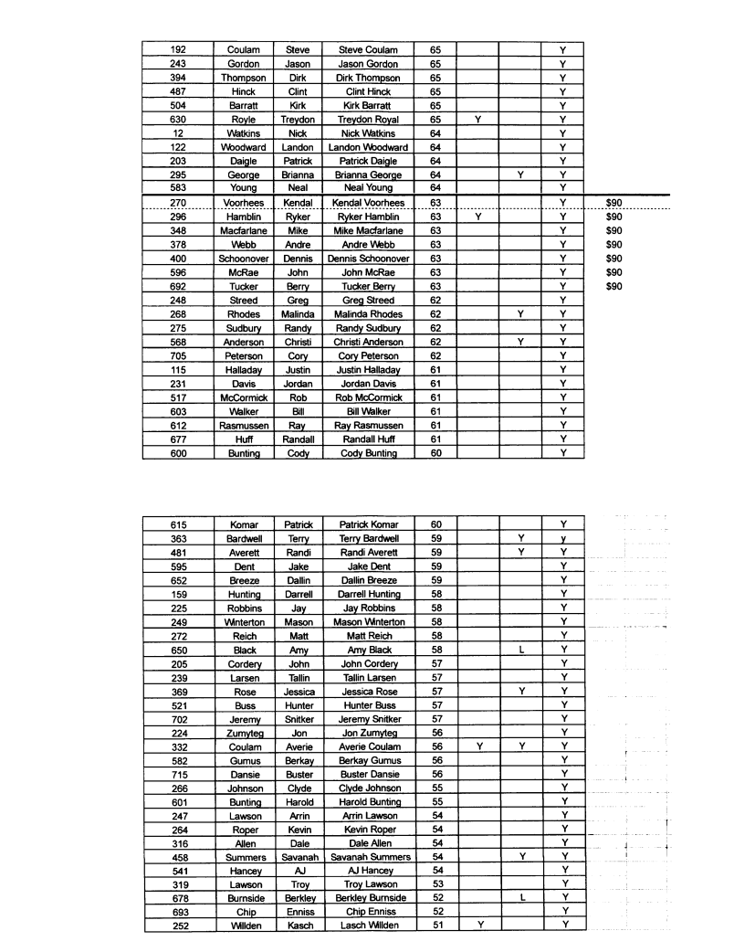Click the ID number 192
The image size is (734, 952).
179,50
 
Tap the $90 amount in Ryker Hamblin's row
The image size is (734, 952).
613,217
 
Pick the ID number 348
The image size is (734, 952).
179,231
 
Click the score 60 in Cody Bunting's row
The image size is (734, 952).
435,453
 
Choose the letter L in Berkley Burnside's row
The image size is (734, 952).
521,898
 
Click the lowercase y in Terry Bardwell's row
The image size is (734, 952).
564,539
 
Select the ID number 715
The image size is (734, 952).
179,774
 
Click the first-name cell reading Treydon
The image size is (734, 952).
298,120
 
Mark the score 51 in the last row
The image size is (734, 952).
435,926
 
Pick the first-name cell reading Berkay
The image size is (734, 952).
298,760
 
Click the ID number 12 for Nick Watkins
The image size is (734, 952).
179,133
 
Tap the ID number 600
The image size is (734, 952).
179,453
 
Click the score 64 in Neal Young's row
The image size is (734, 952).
435,188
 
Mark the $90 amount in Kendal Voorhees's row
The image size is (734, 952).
613,203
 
